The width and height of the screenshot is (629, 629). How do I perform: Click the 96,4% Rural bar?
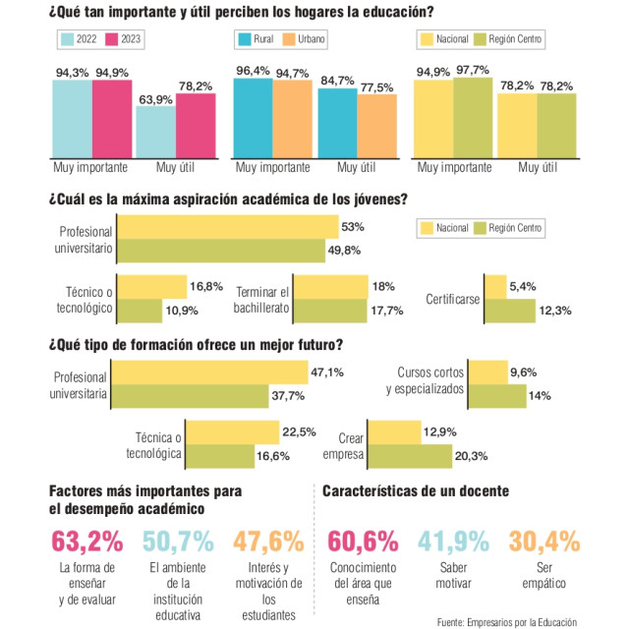click(253, 116)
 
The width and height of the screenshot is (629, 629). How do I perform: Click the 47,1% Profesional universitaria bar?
click(210, 373)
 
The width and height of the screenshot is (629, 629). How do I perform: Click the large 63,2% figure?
click(88, 542)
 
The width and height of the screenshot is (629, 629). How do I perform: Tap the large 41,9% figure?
click(455, 542)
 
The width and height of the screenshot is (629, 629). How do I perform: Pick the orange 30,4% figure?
click(543, 542)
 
